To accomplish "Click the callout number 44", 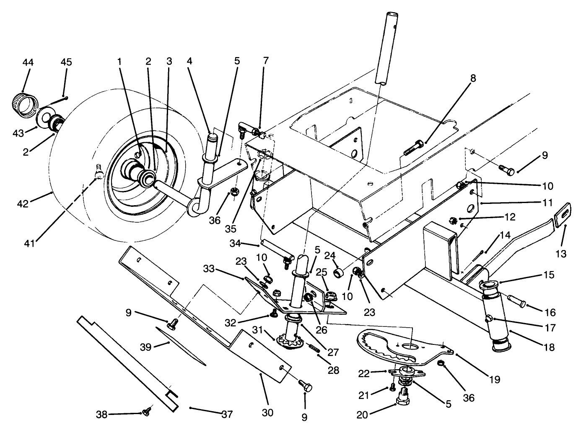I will [x=28, y=62].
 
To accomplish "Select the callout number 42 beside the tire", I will [x=23, y=204].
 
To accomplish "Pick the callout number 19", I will [x=495, y=380].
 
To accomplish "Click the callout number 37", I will [x=227, y=414].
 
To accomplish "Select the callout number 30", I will [x=268, y=412].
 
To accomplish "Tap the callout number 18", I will [x=549, y=347].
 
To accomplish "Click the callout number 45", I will [x=66, y=62].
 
